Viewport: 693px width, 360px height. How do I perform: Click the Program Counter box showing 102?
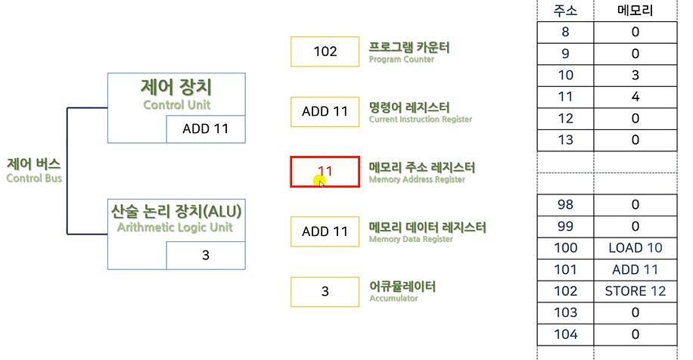(325, 51)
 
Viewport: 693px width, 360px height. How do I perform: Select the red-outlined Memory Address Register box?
(325, 172)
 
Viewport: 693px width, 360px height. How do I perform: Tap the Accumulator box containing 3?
(325, 292)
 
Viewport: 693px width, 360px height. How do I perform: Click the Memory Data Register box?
(325, 231)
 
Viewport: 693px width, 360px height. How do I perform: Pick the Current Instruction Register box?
(325, 111)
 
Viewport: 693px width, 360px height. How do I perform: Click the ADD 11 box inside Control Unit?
(206, 129)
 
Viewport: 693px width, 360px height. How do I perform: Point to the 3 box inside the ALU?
(206, 256)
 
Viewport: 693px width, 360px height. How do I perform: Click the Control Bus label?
(33, 170)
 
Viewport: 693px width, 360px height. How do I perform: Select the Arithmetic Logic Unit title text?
(176, 218)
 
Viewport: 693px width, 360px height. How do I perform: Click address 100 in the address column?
(565, 248)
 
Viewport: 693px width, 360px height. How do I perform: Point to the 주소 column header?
(565, 11)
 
